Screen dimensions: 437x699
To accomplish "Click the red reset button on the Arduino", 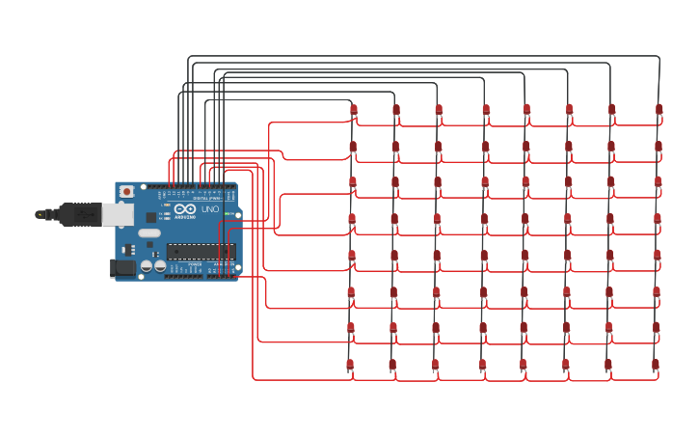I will (126, 192).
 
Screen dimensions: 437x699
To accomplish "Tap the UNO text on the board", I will (209, 209).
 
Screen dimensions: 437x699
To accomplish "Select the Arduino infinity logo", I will (185, 209).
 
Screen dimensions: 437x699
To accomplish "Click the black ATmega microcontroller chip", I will (201, 251).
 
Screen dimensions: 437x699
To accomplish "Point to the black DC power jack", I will (121, 267).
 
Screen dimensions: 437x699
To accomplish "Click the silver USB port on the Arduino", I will (118, 214).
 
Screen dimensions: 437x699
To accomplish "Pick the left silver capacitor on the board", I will (147, 265).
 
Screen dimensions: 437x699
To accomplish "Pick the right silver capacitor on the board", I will (159, 265).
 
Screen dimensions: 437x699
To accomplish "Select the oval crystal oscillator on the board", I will (149, 232).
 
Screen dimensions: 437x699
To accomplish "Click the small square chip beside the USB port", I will (151, 217).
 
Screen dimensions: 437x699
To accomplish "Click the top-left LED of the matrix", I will (354, 110).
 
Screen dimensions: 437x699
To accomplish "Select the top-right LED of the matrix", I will (659, 110).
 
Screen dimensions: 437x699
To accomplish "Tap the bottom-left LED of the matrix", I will (350, 365).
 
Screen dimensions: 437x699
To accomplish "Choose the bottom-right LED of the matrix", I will (656, 365).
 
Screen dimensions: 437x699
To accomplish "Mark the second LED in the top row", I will (396, 110).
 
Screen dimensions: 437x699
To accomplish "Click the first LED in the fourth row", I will (352, 219).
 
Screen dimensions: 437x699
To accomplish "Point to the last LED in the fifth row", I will (658, 256).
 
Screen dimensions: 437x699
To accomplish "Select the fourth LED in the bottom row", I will (483, 365).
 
